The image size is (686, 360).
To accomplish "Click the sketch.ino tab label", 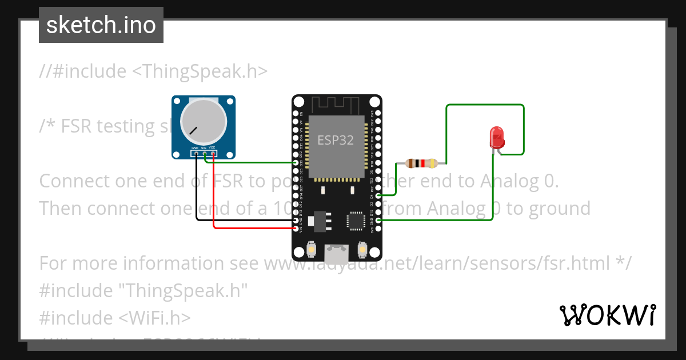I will [101, 25].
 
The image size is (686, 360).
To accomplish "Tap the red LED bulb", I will [497, 138].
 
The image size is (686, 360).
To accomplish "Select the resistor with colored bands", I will [421, 163].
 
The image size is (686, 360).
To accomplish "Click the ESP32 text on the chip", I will [336, 139].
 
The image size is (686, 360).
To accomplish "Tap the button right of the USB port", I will [362, 249].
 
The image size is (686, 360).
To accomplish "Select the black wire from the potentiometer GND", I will [196, 194].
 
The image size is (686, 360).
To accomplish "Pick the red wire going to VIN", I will [213, 200].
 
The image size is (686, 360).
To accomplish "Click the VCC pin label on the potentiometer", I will [212, 148].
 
